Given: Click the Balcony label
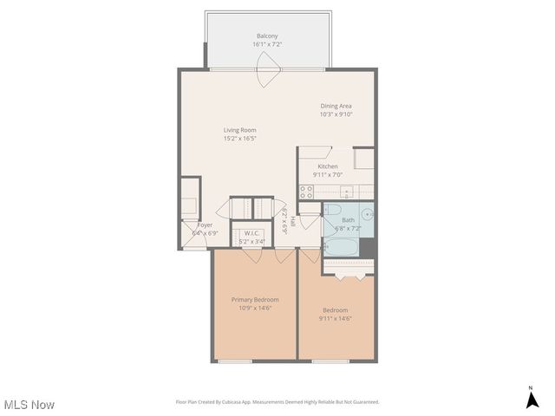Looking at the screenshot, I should coord(266,36).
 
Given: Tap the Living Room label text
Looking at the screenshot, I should coord(239,130).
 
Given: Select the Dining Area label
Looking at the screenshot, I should coord(336,106).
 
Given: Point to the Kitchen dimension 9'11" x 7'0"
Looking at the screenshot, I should coord(328,174).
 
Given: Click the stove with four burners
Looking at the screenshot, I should coord(306,192).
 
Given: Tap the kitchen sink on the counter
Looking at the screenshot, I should coord(345,192).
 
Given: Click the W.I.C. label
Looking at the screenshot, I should coord(251,233).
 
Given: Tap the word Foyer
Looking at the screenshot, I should coord(205,224).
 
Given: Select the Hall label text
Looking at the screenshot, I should coord(292,222).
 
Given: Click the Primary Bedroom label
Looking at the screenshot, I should coord(255,299).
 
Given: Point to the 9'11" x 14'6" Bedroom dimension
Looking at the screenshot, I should coord(336,318).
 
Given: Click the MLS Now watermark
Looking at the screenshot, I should coord(29,405).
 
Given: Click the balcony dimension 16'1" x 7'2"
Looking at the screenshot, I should coord(266,44).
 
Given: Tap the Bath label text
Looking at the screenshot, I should coord(348,220).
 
